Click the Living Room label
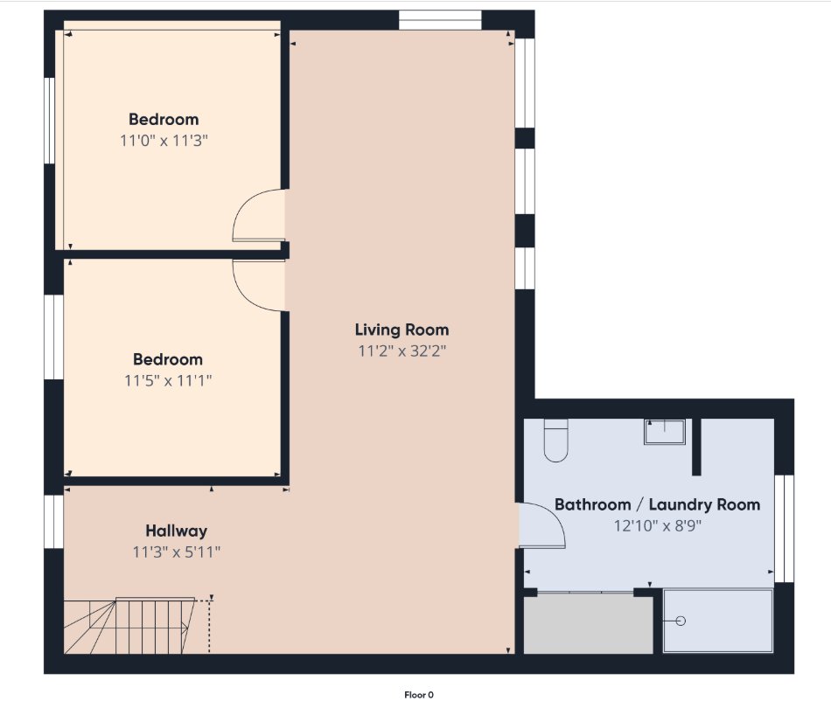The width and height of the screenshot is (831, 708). point(402,330)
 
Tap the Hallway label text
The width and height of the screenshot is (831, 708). point(177,531)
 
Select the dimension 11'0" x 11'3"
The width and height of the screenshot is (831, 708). point(164,141)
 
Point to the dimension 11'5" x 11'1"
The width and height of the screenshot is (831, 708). point(168,380)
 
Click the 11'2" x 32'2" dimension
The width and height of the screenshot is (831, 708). point(402,351)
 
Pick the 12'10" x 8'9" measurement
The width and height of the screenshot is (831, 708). point(657,525)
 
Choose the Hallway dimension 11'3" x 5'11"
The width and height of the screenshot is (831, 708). point(177,552)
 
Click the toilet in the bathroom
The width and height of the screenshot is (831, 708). point(556,440)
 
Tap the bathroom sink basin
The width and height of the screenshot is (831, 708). point(665,432)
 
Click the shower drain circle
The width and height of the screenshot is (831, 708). point(681,621)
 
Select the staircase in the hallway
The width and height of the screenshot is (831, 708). point(136,625)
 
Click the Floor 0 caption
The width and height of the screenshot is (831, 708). point(419,695)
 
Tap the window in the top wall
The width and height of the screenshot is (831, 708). point(440,20)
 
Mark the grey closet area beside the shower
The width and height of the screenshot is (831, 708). point(589,624)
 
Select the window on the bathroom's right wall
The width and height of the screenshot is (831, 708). point(784,529)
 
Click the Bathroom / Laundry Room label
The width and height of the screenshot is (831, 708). point(657,504)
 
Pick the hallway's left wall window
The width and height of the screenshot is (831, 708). point(53,522)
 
